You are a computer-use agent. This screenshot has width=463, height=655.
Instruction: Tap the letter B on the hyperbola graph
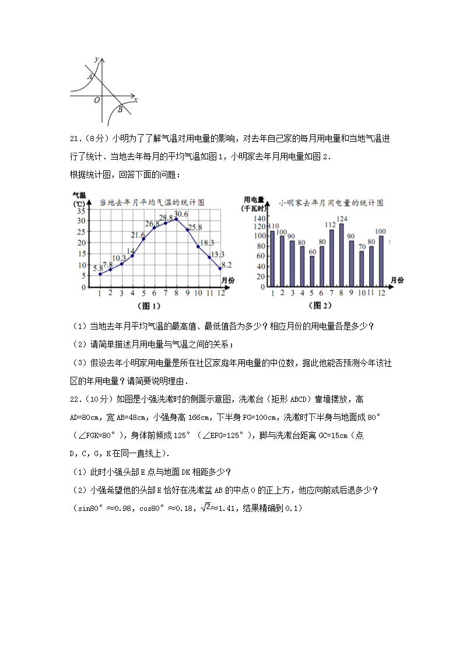point(120,109)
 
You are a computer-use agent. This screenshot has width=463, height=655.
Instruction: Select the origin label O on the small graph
point(97,100)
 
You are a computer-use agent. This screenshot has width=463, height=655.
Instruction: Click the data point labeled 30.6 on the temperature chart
point(176,219)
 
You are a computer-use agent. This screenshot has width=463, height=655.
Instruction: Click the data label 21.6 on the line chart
point(138,234)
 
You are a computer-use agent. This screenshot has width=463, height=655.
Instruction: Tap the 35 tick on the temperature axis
point(81,211)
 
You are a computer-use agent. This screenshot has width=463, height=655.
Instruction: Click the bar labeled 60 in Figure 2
point(312,271)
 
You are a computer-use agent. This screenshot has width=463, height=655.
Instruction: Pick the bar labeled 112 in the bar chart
point(331,258)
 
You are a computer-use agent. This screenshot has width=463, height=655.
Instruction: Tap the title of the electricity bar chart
point(331,202)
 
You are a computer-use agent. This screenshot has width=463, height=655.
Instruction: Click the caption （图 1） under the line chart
point(148,305)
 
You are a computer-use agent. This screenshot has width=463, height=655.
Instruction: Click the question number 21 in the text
point(74,139)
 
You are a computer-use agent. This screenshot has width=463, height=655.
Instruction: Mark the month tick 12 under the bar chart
point(381,293)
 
